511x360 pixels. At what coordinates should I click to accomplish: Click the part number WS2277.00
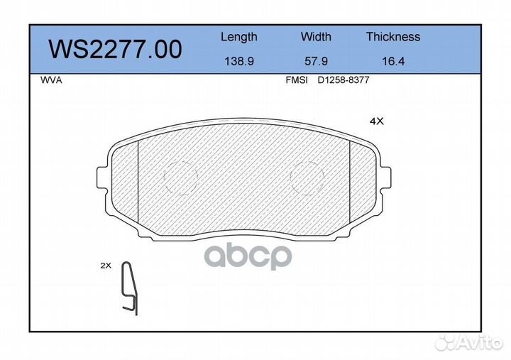pyautogui.click(x=115, y=50)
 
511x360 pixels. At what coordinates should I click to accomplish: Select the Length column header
pyautogui.click(x=238, y=37)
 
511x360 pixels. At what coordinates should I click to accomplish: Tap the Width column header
pyautogui.click(x=316, y=37)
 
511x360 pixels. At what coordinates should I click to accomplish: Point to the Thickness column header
pyautogui.click(x=392, y=37)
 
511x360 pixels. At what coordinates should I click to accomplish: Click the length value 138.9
pyautogui.click(x=238, y=62)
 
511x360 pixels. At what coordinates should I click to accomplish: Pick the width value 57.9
pyautogui.click(x=316, y=62)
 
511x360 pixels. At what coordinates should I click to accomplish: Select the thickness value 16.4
pyautogui.click(x=392, y=62)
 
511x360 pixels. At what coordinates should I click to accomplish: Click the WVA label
pyautogui.click(x=52, y=80)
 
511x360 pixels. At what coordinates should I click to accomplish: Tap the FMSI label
pyautogui.click(x=296, y=80)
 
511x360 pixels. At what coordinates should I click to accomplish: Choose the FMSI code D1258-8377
pyautogui.click(x=343, y=80)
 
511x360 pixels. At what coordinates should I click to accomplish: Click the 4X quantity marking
pyautogui.click(x=376, y=121)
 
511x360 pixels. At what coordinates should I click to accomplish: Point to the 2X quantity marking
pyautogui.click(x=106, y=266)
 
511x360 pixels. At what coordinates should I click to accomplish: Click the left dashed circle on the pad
pyautogui.click(x=180, y=175)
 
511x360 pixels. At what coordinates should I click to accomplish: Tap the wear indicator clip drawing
pyautogui.click(x=129, y=288)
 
